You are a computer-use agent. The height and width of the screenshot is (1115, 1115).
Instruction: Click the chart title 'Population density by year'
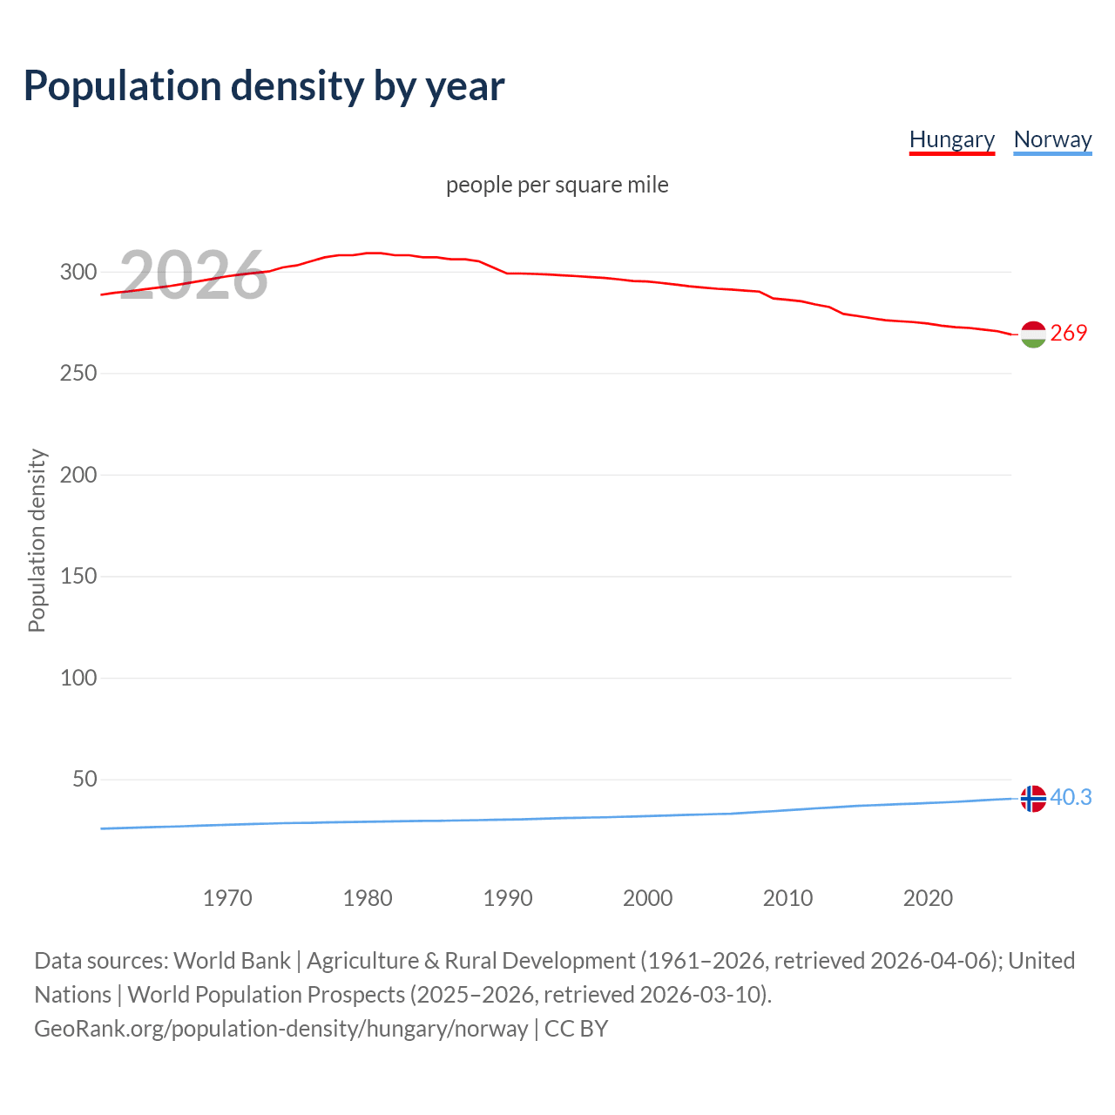tap(264, 85)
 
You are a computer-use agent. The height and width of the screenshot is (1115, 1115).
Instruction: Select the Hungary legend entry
tap(951, 139)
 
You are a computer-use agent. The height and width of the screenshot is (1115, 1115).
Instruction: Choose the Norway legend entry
tap(1052, 139)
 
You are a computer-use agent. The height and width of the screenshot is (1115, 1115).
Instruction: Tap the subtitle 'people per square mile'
tap(557, 185)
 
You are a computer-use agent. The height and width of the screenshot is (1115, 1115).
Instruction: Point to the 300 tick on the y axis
tap(78, 272)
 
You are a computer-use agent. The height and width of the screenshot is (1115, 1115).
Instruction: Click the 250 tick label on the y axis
tap(78, 373)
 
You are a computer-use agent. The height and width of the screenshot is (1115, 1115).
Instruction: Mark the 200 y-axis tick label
tap(78, 475)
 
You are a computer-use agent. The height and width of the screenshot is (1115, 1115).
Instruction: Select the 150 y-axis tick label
tap(78, 576)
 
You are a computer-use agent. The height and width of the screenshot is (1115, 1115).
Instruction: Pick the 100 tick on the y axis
tap(78, 678)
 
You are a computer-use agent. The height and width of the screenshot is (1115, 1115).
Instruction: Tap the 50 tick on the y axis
tap(84, 779)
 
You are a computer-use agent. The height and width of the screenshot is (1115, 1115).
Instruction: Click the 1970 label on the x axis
tap(227, 898)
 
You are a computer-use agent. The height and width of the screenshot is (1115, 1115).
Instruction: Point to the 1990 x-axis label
tap(508, 898)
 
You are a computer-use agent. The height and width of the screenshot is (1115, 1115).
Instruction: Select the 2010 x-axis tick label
tap(787, 898)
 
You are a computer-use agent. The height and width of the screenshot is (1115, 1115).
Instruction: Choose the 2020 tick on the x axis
tap(928, 898)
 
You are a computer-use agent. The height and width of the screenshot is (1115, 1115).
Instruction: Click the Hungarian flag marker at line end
tap(1033, 334)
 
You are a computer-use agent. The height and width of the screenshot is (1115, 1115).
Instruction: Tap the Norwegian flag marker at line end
tap(1033, 798)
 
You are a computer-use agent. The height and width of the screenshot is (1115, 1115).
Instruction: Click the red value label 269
tap(1069, 334)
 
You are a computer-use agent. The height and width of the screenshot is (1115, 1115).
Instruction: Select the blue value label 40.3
tap(1071, 797)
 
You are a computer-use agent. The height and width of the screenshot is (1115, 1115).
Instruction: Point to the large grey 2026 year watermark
tap(193, 275)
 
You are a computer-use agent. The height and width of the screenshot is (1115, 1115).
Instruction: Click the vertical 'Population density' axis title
tap(37, 540)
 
